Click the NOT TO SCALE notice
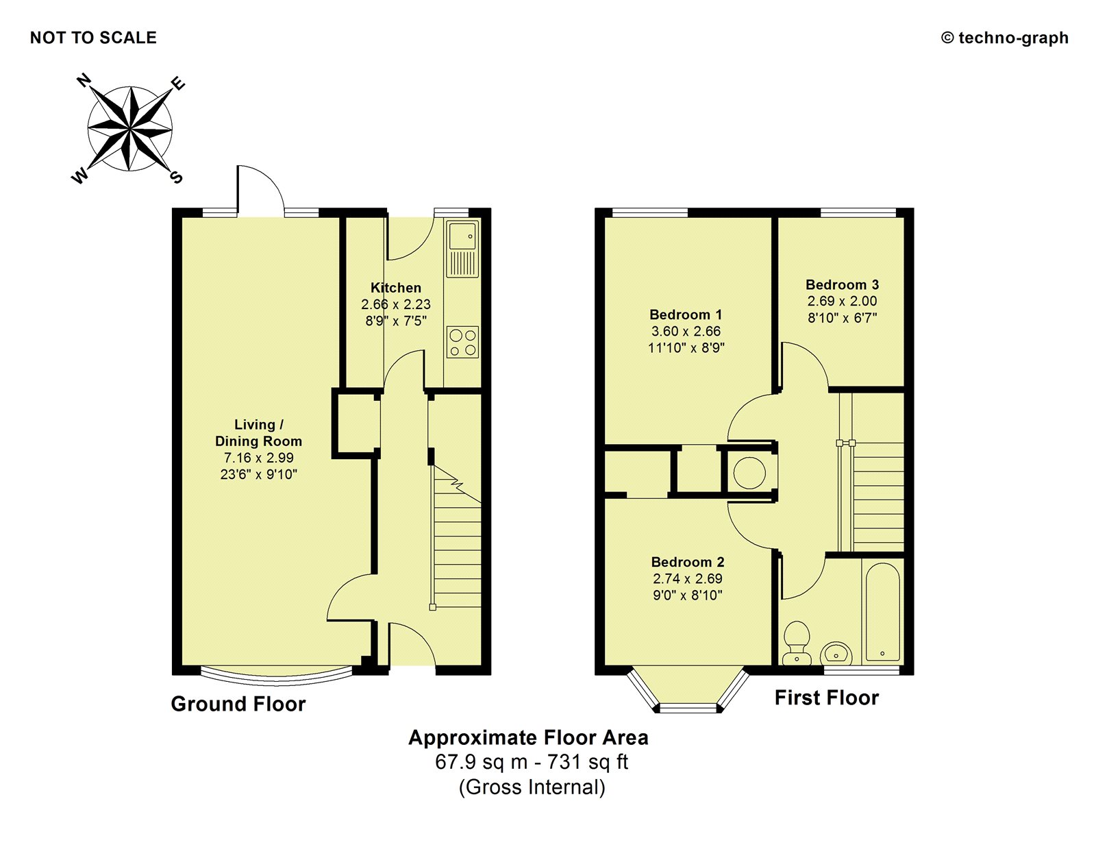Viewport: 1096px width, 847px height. [93, 38]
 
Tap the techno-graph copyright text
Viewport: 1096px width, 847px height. [1005, 38]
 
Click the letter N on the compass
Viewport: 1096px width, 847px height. [84, 80]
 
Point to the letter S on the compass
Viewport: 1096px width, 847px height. [176, 177]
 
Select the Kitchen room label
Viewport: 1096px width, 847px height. [396, 288]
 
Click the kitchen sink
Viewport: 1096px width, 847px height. [462, 249]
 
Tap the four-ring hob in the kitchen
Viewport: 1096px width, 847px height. [462, 343]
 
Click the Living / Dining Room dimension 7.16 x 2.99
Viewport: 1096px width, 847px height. [259, 458]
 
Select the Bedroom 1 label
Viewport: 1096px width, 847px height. [686, 315]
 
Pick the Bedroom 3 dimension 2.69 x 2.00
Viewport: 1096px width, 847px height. [843, 301]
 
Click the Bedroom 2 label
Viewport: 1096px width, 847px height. [688, 562]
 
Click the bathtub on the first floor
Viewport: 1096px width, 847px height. [883, 612]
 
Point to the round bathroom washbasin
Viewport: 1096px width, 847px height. [836, 654]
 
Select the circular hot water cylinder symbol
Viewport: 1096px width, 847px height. [749, 473]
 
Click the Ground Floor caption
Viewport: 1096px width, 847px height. [238, 704]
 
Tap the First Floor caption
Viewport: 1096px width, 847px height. [827, 698]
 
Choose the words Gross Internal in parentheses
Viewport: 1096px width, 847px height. [532, 787]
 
